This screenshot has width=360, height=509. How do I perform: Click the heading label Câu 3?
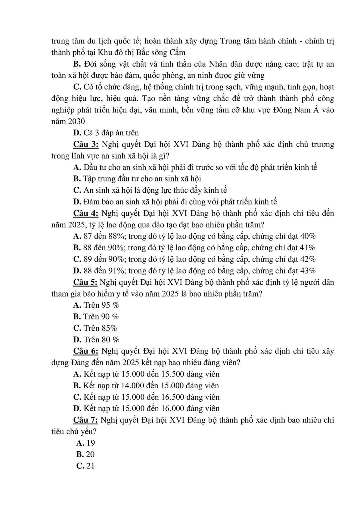point(86,144)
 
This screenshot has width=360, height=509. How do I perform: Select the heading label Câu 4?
point(86,213)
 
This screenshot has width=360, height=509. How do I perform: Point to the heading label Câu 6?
point(86,351)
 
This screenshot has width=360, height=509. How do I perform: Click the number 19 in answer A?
point(90,443)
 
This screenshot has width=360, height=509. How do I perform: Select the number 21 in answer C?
point(90,466)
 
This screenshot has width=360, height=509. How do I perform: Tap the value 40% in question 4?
point(308,236)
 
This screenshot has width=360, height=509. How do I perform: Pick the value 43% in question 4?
point(308,270)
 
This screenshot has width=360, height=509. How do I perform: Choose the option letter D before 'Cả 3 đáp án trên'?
point(76,133)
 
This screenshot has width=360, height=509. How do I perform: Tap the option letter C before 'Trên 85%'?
point(77,328)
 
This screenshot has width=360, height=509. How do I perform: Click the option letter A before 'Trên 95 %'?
point(77,305)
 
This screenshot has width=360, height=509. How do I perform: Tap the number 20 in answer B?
point(90,454)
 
